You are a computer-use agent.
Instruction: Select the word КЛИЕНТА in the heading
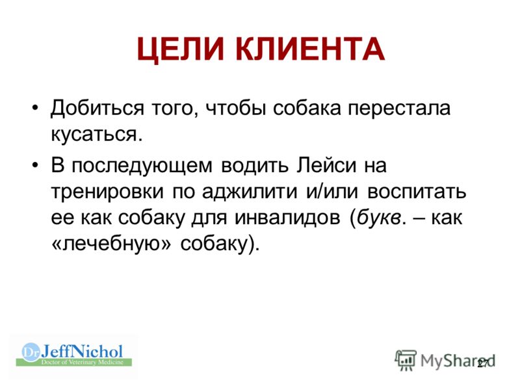coord(311,49)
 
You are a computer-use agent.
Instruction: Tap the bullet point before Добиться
coord(36,108)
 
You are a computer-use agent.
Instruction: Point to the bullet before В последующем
coord(36,165)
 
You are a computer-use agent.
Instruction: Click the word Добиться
coord(97,108)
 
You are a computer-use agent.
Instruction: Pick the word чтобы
coord(236,108)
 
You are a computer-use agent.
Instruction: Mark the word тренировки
coord(107,192)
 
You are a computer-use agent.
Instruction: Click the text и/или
coord(332,191)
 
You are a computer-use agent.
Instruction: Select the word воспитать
coord(417,192)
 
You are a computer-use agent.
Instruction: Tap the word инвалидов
coord(287,218)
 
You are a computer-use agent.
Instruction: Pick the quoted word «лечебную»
coord(111,244)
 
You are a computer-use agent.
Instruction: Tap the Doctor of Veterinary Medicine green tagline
coord(83,362)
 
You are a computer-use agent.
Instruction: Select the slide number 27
coord(483,363)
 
